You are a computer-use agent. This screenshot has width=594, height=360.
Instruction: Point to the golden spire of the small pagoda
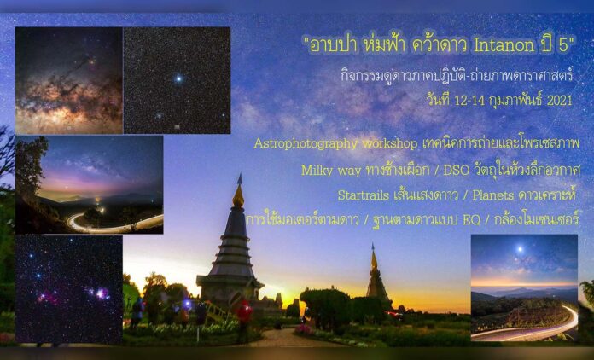[x=373, y=257]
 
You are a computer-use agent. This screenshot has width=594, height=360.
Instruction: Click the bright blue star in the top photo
[x=178, y=79]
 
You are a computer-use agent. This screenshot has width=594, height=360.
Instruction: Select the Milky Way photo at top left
[x=67, y=80]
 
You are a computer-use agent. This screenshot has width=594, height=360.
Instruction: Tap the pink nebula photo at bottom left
[x=68, y=289]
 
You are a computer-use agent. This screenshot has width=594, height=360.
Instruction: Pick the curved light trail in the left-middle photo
[x=111, y=224]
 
